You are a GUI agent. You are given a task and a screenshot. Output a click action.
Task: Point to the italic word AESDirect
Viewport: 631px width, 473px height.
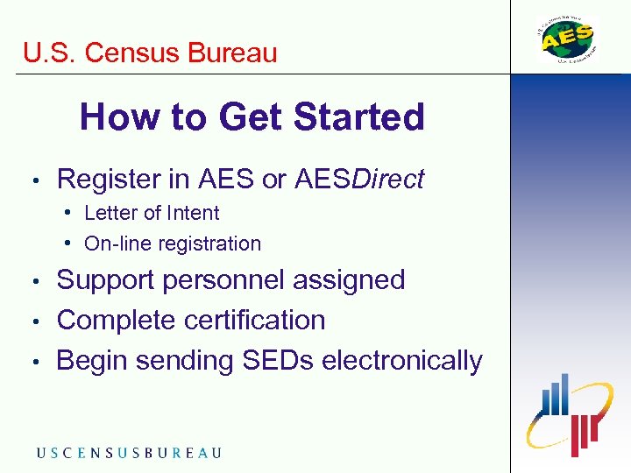click(359, 180)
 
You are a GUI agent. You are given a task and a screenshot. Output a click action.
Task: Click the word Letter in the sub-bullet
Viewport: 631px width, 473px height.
click(111, 213)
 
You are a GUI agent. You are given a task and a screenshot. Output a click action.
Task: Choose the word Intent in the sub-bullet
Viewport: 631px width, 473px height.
click(193, 213)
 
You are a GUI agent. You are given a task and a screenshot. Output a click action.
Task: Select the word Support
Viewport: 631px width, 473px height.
click(110, 280)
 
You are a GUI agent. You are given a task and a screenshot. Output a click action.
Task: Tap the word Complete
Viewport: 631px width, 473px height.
click(117, 321)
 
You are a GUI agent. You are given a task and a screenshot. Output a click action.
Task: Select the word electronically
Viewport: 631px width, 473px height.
click(402, 360)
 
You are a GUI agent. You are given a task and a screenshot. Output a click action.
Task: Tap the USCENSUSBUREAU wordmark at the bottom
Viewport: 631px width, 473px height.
click(129, 453)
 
